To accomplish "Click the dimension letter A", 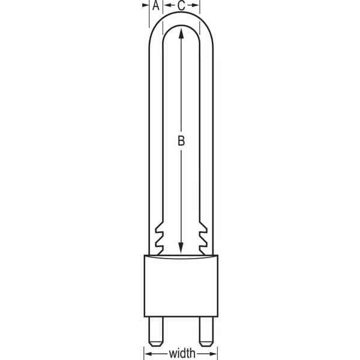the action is [156, 5].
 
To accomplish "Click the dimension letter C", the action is [181, 5].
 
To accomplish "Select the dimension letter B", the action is [181, 141].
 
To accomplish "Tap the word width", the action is [182, 353].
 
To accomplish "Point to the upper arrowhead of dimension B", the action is [181, 33].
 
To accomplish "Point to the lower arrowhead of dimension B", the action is [181, 247].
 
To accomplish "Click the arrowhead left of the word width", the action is [149, 353].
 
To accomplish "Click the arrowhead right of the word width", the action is [213, 353].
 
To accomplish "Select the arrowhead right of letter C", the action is [195, 5].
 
